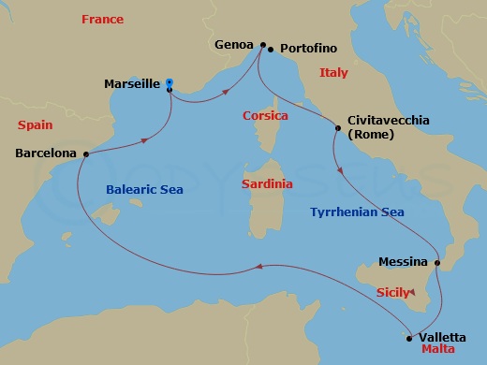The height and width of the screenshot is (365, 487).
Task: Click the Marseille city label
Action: [132, 83]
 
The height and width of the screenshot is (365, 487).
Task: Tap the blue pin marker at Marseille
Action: [169, 83]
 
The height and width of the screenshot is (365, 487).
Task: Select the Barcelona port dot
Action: [86, 153]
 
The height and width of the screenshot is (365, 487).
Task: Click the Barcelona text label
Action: [46, 153]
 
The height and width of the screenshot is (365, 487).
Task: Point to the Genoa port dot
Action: [263, 44]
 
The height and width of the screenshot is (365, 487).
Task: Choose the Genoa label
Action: [234, 44]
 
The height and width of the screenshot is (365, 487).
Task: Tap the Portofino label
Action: [305, 51]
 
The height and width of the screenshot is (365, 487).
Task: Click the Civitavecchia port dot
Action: [338, 127]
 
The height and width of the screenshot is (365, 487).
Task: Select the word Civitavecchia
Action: [389, 121]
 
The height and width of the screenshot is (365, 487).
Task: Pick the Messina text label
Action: [405, 262]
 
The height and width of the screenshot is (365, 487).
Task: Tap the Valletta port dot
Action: [408, 339]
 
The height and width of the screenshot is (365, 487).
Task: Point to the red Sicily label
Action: [391, 292]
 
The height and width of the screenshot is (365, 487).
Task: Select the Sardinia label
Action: [267, 184]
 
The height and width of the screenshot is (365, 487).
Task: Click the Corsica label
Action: [265, 116]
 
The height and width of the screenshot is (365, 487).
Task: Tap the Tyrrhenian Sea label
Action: [357, 212]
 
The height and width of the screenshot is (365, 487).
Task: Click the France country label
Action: [102, 20]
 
